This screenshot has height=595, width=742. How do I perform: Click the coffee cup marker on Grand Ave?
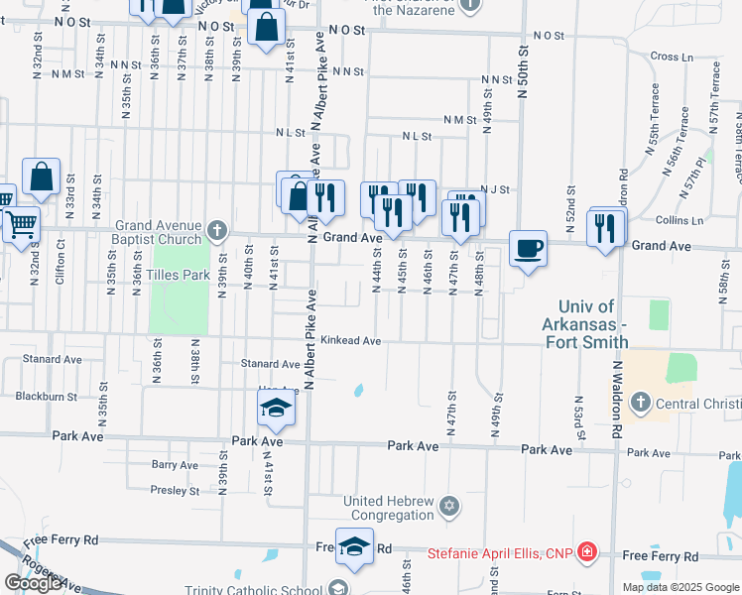pyautogui.click(x=528, y=247)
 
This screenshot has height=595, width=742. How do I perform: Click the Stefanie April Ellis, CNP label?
pyautogui.click(x=500, y=552)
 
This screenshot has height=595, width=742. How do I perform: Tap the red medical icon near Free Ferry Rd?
pyautogui.click(x=587, y=551)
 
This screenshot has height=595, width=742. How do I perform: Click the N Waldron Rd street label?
pyautogui.click(x=615, y=398)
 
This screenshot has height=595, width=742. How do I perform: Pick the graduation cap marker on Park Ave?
pyautogui.click(x=277, y=407)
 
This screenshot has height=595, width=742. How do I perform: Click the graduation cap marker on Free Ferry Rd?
pyautogui.click(x=354, y=546)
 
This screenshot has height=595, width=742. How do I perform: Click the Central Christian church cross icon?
pyautogui.click(x=641, y=403)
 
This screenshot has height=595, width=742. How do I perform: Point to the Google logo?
pyautogui.click(x=33, y=583)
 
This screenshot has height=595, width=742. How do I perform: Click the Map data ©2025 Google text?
pyautogui.click(x=680, y=587)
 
